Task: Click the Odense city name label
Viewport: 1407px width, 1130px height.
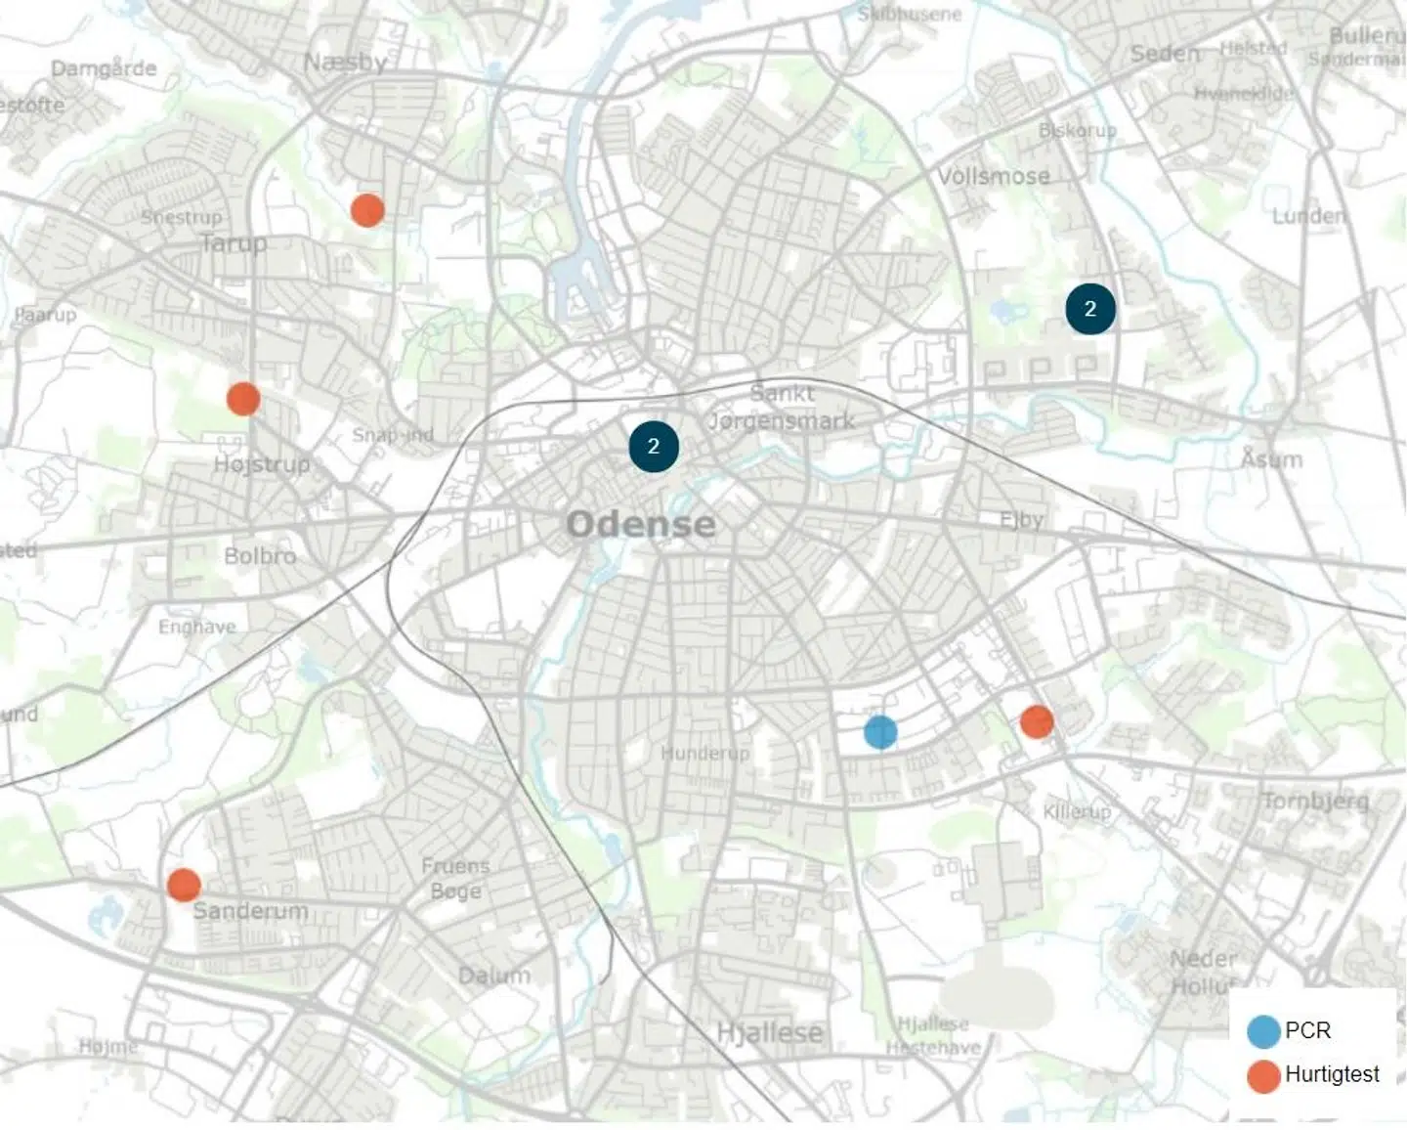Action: point(641,524)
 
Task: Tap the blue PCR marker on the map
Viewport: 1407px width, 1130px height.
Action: point(880,731)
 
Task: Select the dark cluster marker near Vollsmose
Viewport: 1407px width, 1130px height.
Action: point(1089,309)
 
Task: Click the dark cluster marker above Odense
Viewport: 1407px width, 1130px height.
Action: point(654,447)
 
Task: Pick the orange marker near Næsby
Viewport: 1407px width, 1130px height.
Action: point(367,209)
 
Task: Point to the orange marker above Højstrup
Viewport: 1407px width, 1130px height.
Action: point(243,399)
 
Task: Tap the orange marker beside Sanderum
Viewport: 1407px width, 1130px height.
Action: point(184,885)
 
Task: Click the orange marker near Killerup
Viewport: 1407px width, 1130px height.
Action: point(1037,722)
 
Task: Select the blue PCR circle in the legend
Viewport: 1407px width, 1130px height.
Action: point(1263,1031)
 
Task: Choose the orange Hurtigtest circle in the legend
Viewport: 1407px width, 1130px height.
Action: point(1263,1075)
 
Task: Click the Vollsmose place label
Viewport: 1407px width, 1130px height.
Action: point(994,177)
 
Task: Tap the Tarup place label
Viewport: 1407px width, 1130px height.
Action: point(234,242)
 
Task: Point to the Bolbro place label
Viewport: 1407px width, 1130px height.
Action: point(260,556)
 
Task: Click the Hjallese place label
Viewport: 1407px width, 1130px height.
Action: point(769,1033)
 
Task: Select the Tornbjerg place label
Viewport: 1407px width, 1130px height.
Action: point(1315,802)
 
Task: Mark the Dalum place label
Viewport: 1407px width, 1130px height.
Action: point(494,975)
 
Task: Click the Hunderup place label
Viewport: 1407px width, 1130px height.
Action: point(704,753)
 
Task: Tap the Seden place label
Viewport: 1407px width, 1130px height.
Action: point(1165,54)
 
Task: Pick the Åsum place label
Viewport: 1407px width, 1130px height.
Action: point(1271,457)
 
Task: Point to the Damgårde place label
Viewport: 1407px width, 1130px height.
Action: point(104,68)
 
